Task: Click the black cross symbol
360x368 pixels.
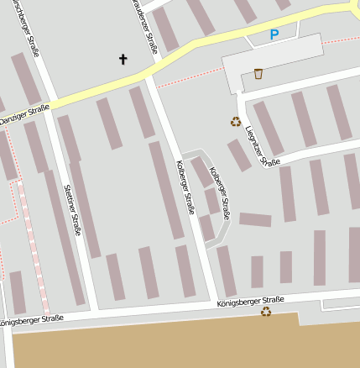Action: pyautogui.click(x=123, y=59)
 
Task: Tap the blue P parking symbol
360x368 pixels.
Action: pyautogui.click(x=274, y=35)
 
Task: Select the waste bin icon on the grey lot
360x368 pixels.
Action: pyautogui.click(x=258, y=74)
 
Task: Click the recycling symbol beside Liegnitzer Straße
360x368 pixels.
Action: pyautogui.click(x=236, y=121)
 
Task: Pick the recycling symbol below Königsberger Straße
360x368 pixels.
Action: pyautogui.click(x=266, y=312)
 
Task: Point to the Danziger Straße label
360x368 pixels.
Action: pyautogui.click(x=25, y=116)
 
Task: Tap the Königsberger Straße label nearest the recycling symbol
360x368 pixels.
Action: pyautogui.click(x=250, y=302)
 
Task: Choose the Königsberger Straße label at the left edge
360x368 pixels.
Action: pyautogui.click(x=31, y=320)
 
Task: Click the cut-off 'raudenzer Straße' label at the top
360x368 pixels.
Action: pyautogui.click(x=144, y=25)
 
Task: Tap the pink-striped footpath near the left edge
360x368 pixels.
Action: pyautogui.click(x=34, y=252)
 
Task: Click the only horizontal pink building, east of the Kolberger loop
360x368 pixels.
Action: pyautogui.click(x=255, y=220)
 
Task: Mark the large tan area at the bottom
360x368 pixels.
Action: pyautogui.click(x=168, y=344)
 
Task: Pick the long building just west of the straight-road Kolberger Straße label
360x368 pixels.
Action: pyautogui.click(x=165, y=189)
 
